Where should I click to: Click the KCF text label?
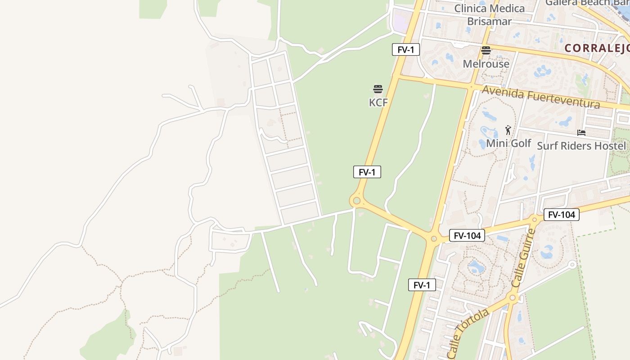coord(378,103)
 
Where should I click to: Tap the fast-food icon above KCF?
coord(378,89)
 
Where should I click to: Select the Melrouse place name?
coord(486,64)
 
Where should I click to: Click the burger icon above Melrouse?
coord(486,50)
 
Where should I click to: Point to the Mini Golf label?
coord(508,144)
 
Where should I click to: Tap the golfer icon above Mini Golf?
coord(508,130)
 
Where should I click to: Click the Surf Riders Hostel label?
coord(581,146)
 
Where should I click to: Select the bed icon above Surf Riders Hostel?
coord(581,133)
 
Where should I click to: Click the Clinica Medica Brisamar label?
coord(490,15)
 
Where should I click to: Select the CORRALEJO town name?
coord(597,48)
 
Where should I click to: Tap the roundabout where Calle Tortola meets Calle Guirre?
coord(512,297)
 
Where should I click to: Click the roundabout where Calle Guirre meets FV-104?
coord(535,220)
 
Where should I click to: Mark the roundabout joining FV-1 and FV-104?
coord(434,239)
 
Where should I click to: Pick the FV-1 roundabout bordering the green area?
coord(357,201)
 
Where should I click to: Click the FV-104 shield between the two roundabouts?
coord(467,235)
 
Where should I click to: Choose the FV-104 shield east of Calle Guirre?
coord(562,215)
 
